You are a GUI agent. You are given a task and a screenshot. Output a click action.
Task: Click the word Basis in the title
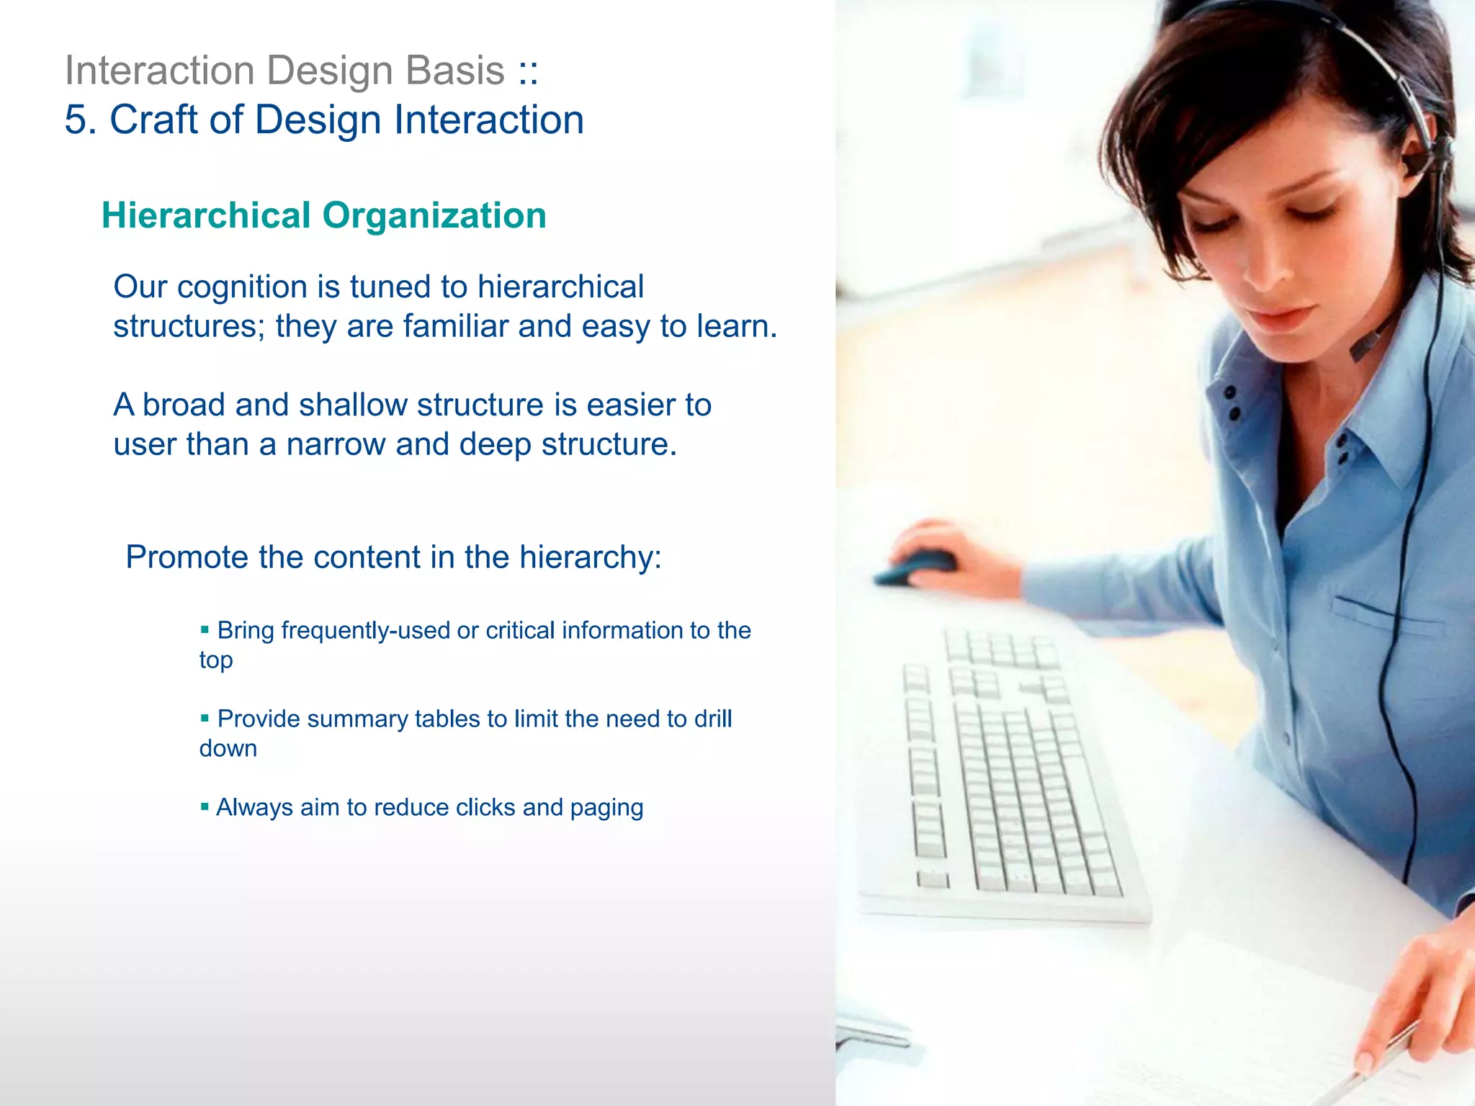[x=454, y=71]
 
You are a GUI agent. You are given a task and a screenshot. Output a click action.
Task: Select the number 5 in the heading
[x=76, y=120]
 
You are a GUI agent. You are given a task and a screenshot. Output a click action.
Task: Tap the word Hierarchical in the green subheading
[x=206, y=215]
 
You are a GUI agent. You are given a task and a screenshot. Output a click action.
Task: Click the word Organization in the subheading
[x=434, y=215]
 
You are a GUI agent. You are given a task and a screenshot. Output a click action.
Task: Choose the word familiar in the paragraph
[x=455, y=326]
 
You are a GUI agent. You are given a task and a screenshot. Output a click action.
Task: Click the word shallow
[x=353, y=405]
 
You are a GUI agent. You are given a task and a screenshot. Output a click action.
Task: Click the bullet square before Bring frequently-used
[x=205, y=630]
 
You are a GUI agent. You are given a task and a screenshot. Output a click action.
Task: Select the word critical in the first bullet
[x=520, y=631]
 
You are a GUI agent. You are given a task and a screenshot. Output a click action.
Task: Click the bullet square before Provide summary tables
[x=205, y=718]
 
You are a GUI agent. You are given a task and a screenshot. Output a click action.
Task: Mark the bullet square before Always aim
[x=205, y=806]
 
